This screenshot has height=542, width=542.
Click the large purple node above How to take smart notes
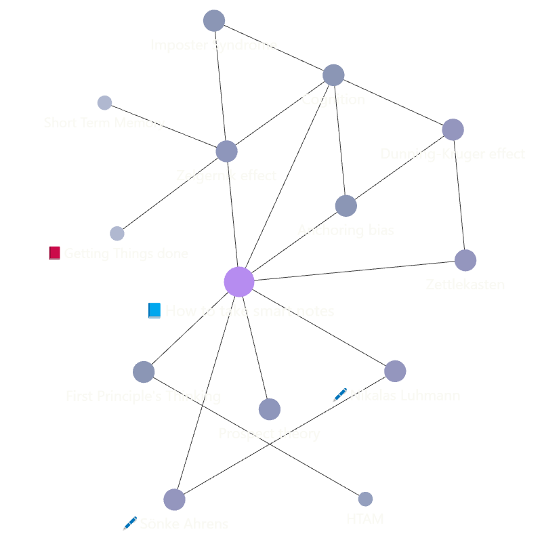[238, 282]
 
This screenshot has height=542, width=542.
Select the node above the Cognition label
[333, 75]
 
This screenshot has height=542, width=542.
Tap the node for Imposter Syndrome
[213, 21]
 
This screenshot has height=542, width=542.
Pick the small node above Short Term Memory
[104, 103]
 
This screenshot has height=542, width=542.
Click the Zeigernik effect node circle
[226, 151]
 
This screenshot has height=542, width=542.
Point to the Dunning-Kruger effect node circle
[453, 129]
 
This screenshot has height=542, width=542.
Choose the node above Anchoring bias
[346, 206]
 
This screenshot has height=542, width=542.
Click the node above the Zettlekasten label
[465, 260]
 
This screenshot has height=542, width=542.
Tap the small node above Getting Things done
[117, 234]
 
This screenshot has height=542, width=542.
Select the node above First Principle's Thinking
[144, 372]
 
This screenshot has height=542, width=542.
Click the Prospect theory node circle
[269, 409]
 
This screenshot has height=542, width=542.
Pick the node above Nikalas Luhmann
[395, 371]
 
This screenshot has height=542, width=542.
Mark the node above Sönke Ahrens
[174, 499]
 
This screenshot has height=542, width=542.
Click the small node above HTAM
[365, 499]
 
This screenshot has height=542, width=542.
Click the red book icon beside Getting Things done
[55, 253]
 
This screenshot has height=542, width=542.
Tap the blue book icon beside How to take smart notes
[154, 311]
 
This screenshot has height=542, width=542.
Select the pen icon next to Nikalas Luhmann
[339, 395]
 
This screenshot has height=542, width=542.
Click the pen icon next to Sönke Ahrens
[129, 524]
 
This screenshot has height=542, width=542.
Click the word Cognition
[333, 100]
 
